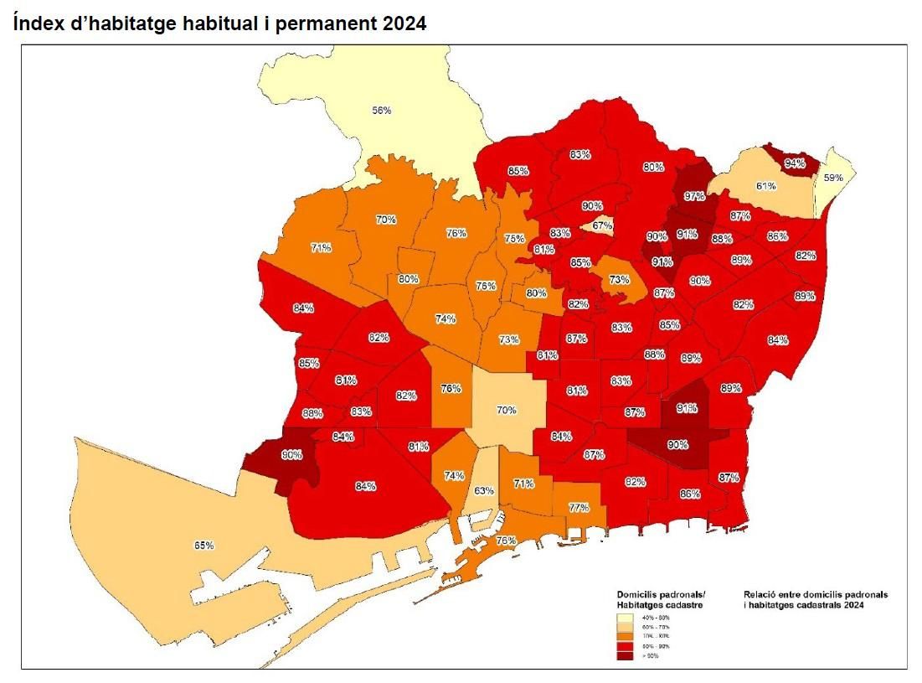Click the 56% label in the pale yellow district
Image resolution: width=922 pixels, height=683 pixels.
coord(382,110)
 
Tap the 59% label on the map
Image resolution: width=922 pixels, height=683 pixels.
coord(832,178)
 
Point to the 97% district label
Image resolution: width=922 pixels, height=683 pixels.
coord(693,196)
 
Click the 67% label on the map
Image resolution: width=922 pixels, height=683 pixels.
coord(601,225)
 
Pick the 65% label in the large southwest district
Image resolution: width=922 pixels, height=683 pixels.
coord(204,546)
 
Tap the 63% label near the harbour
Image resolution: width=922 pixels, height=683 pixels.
coord(484,490)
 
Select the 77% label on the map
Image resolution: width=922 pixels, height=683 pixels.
coord(579,508)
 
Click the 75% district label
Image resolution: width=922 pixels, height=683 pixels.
coord(514,239)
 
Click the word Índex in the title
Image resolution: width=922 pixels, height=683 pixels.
coord(37,24)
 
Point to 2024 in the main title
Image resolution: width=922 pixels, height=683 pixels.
coord(404,24)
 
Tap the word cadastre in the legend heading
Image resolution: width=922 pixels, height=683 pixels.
coord(681,603)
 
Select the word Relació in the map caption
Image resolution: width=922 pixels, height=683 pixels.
coord(760,594)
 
